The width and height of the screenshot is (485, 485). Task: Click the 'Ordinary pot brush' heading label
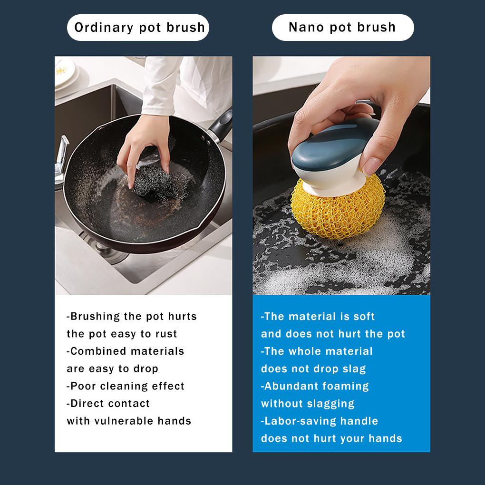[139, 27]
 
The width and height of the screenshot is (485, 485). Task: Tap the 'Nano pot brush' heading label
[342, 27]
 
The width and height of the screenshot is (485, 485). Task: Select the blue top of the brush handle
[333, 143]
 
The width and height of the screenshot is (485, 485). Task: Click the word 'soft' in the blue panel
[364, 317]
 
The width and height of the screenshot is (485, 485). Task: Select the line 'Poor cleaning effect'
[126, 386]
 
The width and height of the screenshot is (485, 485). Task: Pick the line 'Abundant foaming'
[315, 386]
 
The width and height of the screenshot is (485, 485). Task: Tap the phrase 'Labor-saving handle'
[319, 421]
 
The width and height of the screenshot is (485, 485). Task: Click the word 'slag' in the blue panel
[354, 369]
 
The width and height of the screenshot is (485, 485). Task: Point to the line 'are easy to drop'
[112, 369]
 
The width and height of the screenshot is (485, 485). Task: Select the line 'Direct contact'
[108, 404]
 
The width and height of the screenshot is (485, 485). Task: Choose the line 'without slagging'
[308, 404]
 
